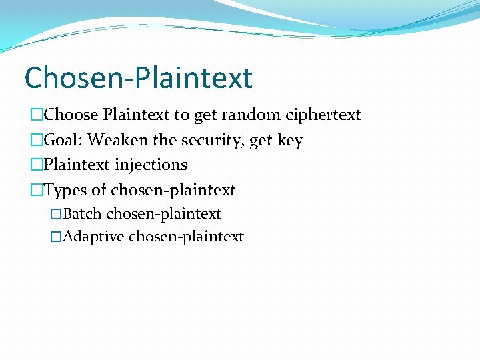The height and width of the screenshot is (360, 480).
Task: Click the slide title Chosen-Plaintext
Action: coord(138,77)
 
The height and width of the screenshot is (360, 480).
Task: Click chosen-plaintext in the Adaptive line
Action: coord(186,237)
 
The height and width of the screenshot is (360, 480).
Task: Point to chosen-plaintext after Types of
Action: coord(173,191)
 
